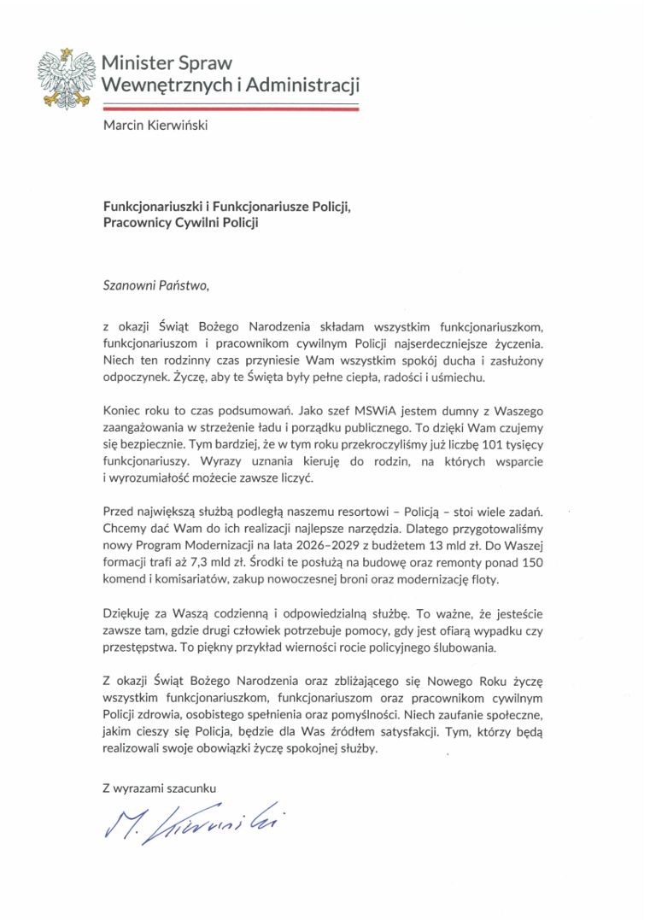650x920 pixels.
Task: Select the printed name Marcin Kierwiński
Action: click(x=154, y=126)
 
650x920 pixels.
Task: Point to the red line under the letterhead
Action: click(x=231, y=109)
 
